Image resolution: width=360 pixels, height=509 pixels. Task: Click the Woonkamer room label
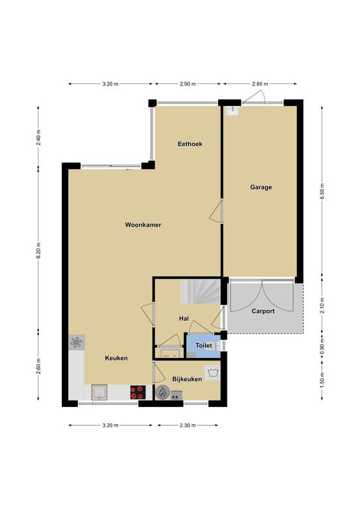pos(143,225)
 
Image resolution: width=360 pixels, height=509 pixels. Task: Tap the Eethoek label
pos(190,143)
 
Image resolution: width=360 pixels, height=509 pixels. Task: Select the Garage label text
pos(261,187)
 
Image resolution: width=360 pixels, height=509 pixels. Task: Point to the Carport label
pos(263,311)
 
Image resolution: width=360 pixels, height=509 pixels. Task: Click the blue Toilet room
pos(204,346)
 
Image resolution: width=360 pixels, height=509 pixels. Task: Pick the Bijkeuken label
pos(187,379)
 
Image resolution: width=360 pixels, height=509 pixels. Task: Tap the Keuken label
pos(116,358)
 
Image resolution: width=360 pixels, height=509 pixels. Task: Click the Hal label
pos(184,319)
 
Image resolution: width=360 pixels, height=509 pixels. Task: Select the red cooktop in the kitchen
pos(138,392)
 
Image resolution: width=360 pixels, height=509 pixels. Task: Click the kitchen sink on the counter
pos(100,392)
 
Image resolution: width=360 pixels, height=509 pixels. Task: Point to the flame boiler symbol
pos(162,392)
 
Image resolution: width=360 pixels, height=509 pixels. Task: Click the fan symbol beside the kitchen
pos(77,342)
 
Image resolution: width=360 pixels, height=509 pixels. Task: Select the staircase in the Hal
pos(200,292)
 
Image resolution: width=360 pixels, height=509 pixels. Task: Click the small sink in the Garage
pos(233,111)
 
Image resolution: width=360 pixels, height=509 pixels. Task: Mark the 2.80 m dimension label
pos(260,84)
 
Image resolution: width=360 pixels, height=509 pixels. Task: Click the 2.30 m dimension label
pos(188,425)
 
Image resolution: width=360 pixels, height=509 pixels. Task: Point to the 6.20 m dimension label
pos(38,251)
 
